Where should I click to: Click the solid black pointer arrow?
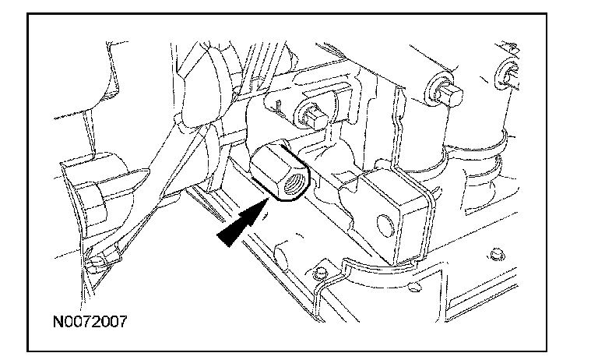tap(243, 222)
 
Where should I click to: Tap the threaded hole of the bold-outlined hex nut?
tap(294, 184)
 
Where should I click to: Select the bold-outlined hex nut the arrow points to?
tap(280, 170)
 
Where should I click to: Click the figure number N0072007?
tap(90, 322)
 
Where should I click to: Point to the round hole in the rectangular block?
tap(385, 225)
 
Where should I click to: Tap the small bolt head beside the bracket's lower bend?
tap(320, 273)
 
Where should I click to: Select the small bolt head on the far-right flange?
tap(496, 254)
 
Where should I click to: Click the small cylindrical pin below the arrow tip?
tap(282, 254)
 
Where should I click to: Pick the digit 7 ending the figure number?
tap(122, 322)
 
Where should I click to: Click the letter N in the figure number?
tap(58, 322)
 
